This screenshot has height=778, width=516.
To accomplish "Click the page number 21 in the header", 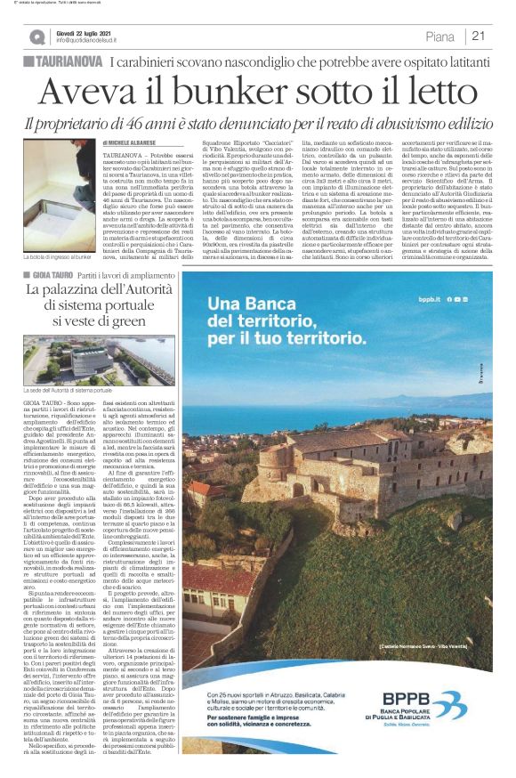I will click(x=478, y=36).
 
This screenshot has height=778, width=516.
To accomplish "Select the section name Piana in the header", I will click(x=440, y=36).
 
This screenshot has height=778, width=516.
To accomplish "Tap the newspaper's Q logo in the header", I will click(x=36, y=36).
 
